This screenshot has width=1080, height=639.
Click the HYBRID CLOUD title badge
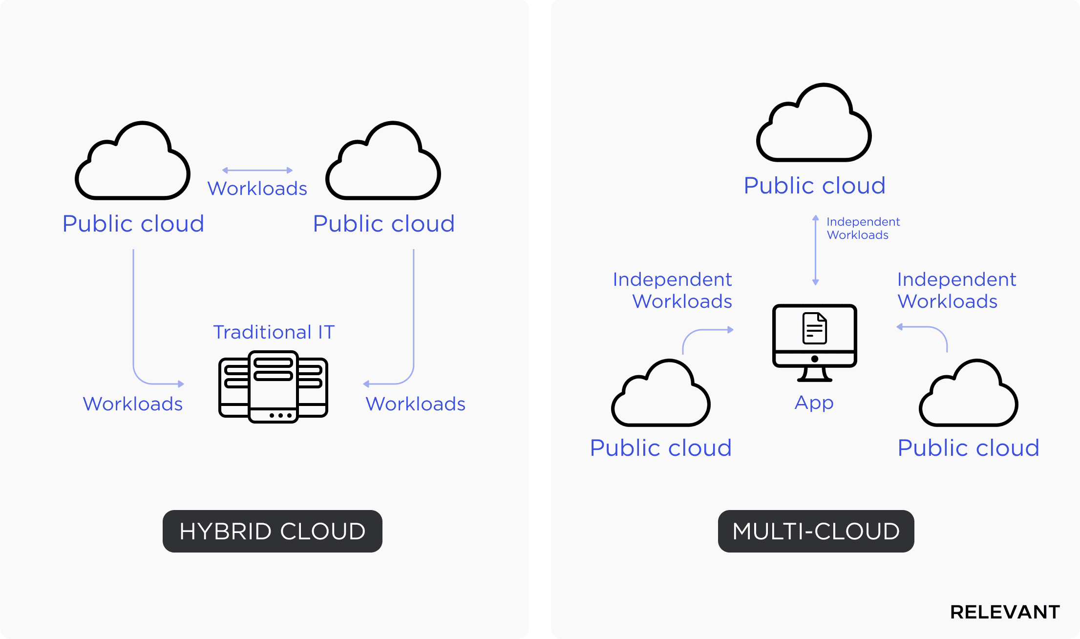(x=272, y=531)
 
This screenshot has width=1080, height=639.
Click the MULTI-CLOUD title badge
(x=816, y=531)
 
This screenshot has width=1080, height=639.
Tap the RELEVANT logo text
(x=1005, y=612)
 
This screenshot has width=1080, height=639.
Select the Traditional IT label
(x=274, y=332)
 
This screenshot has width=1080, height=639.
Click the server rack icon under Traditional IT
(x=273, y=386)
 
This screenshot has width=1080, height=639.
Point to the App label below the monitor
(x=814, y=403)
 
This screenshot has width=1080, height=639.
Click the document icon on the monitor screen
(x=814, y=328)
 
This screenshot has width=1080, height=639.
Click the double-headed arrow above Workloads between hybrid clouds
(x=257, y=170)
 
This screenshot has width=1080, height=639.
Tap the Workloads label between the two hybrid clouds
(x=257, y=189)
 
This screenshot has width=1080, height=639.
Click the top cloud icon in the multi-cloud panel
(x=814, y=125)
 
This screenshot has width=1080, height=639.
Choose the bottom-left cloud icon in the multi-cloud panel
(x=660, y=396)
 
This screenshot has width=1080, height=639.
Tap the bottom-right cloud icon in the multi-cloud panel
(x=968, y=396)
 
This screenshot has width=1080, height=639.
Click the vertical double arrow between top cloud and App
(x=815, y=250)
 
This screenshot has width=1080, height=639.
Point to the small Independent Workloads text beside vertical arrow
(x=863, y=228)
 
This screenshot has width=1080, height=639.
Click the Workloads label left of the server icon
(x=133, y=404)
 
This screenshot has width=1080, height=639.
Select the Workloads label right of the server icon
(x=415, y=404)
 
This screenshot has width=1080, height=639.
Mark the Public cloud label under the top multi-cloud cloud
(x=814, y=186)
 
